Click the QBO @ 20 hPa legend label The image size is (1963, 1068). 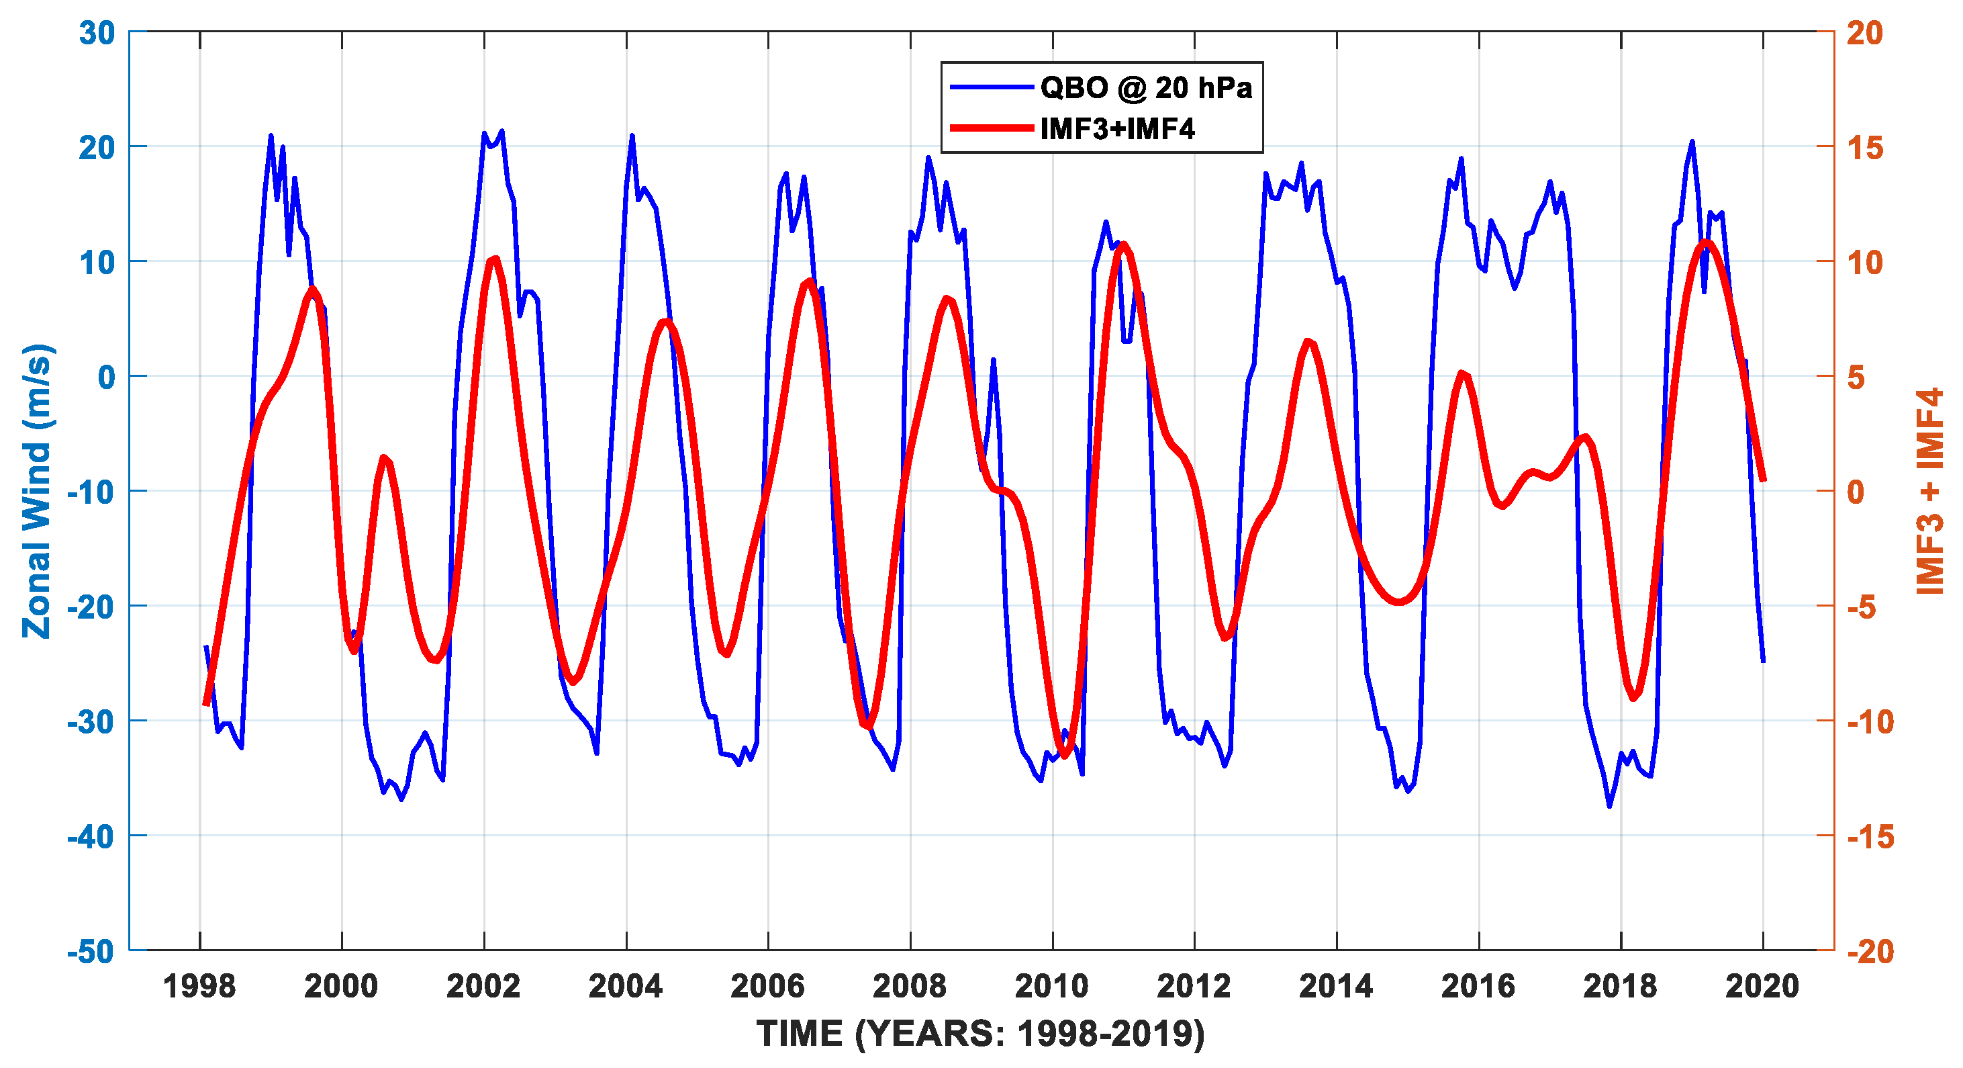[x=1145, y=88]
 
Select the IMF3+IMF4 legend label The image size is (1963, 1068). [x=1117, y=129]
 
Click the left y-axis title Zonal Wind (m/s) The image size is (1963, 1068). [x=36, y=491]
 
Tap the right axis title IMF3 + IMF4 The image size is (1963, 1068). [x=1930, y=491]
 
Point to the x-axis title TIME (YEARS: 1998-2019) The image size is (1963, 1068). [x=981, y=1034]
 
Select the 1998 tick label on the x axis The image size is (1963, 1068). [x=199, y=987]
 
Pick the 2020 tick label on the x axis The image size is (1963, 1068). [x=1762, y=987]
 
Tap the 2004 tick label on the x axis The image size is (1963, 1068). [x=626, y=987]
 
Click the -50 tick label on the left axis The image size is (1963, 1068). [x=91, y=951]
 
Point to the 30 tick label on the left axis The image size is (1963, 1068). [x=97, y=33]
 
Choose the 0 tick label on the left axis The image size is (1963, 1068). [x=106, y=377]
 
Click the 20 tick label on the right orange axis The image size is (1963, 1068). [x=1864, y=33]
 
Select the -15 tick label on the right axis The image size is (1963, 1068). [x=1870, y=837]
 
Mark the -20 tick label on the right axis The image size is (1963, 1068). [x=1870, y=951]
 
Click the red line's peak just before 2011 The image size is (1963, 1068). [x=1122, y=245]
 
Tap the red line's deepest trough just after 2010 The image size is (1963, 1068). [x=1065, y=755]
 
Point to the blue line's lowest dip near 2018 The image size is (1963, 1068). [x=1609, y=806]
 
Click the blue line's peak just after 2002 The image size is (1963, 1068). [x=501, y=131]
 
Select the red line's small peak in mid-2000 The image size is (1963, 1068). [x=384, y=457]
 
